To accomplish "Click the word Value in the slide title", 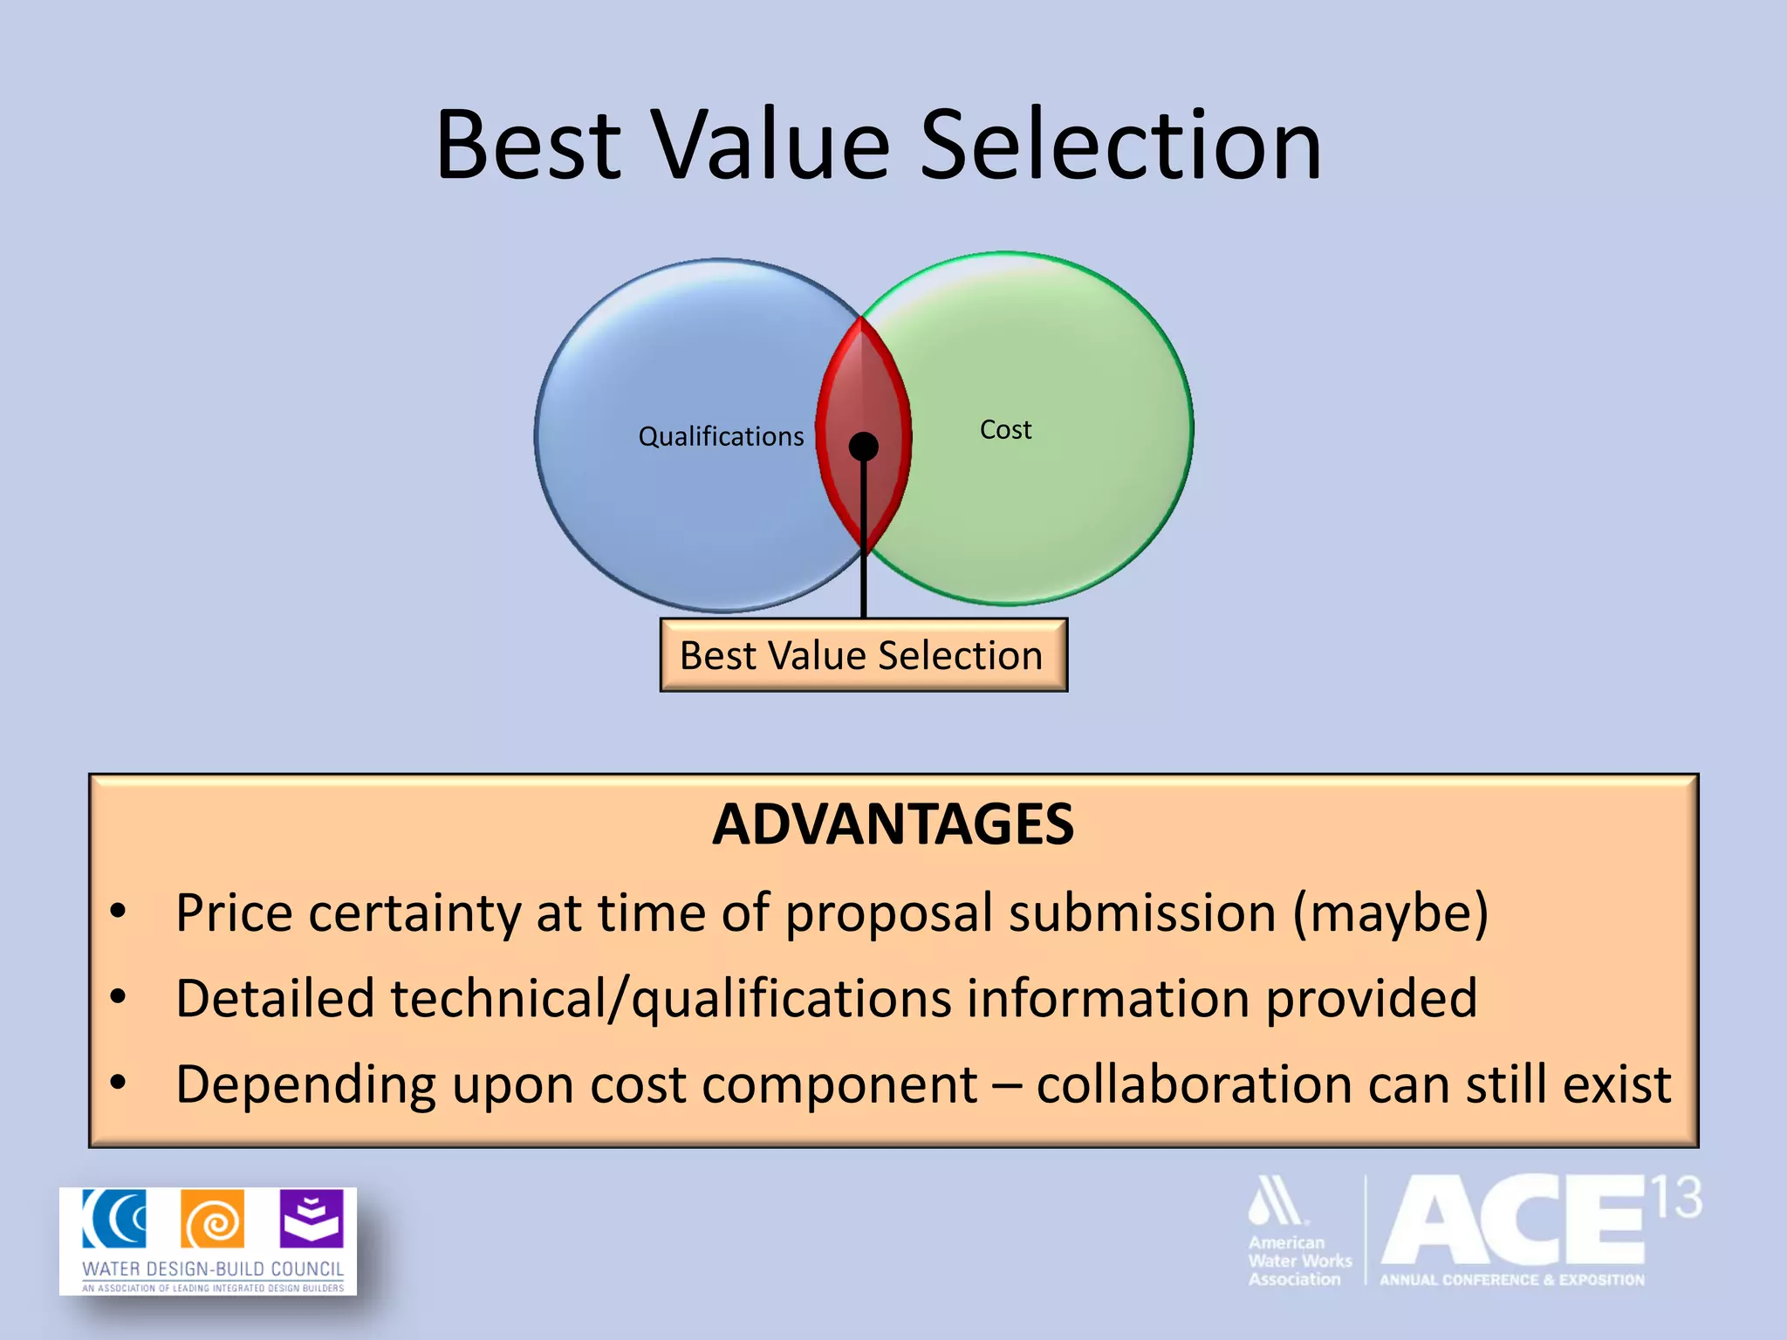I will pos(771,145).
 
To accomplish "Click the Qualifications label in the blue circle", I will pos(721,436).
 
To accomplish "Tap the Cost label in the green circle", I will pos(1005,429).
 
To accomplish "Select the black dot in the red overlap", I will pos(864,447).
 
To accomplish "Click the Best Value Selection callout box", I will pos(862,656).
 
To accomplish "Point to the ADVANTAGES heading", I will pos(893,824).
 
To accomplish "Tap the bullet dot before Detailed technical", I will pos(119,996).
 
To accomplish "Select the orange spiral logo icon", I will pos(213,1220).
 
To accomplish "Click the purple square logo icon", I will pos(312,1219).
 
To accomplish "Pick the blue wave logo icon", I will pos(114,1219).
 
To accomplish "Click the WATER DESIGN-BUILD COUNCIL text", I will pos(213,1268).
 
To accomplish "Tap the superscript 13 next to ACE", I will pos(1674,1198).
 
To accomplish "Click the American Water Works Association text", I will pos(1297,1261).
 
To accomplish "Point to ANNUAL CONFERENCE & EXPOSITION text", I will pos(1511,1280).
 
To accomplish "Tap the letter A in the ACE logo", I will pos(1433,1221).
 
